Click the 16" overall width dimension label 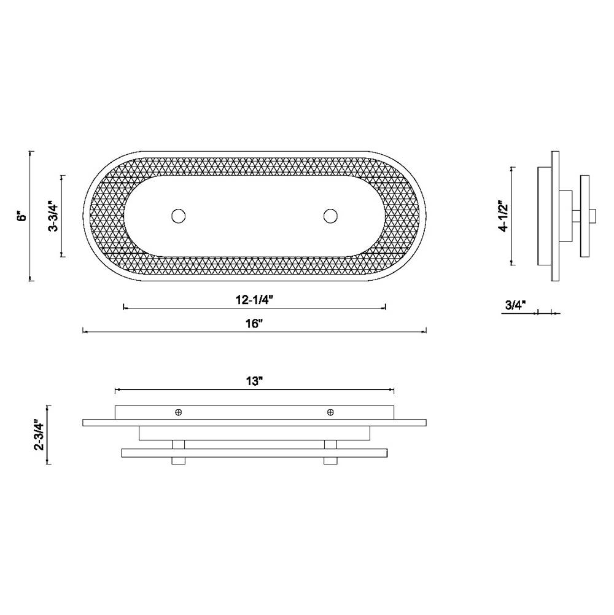[254, 324]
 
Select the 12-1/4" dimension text [254, 300]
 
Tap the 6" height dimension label [23, 216]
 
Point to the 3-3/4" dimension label [53, 216]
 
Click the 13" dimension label [254, 382]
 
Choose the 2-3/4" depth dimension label [39, 435]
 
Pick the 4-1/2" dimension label [503, 216]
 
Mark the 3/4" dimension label [515, 305]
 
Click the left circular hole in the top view [179, 216]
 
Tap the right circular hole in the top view [330, 216]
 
